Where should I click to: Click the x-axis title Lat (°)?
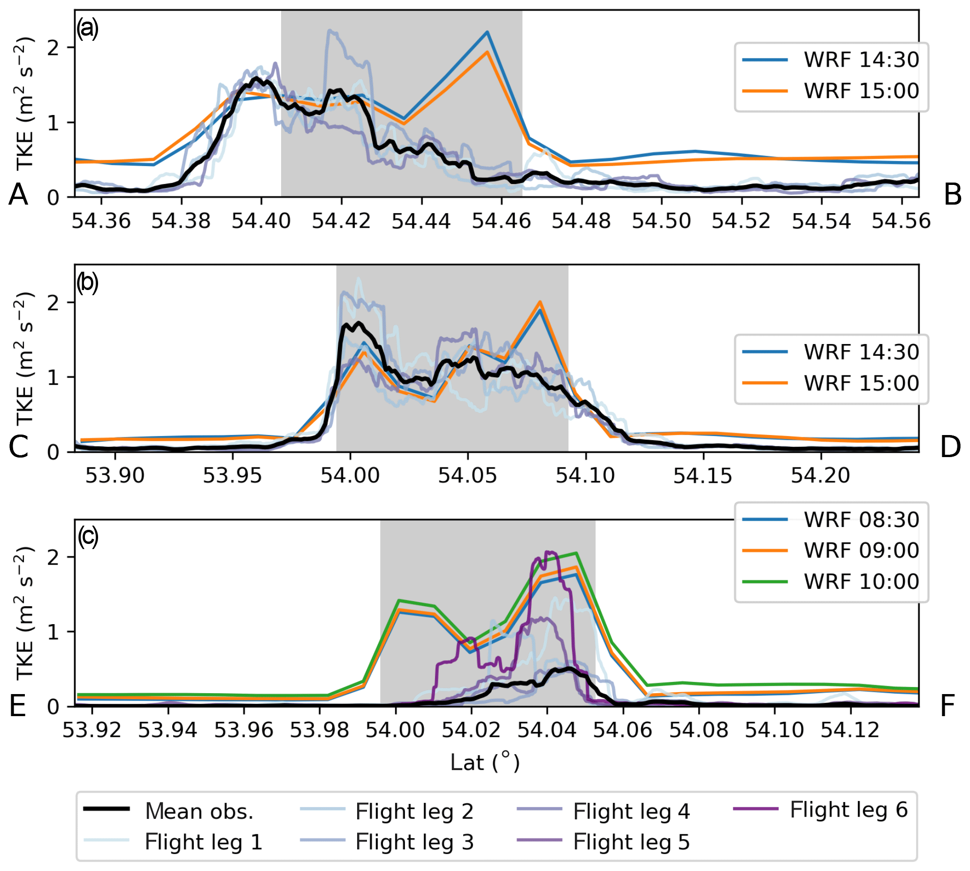tap(485, 763)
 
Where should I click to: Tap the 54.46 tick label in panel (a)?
tap(501, 222)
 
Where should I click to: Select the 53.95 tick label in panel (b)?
tap(233, 476)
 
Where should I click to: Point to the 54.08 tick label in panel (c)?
tap(698, 730)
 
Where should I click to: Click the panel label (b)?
tap(88, 283)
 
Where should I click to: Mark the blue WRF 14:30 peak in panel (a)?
tap(487, 32)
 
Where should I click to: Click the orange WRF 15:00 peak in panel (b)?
tap(540, 302)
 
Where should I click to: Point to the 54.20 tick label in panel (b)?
tap(820, 476)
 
